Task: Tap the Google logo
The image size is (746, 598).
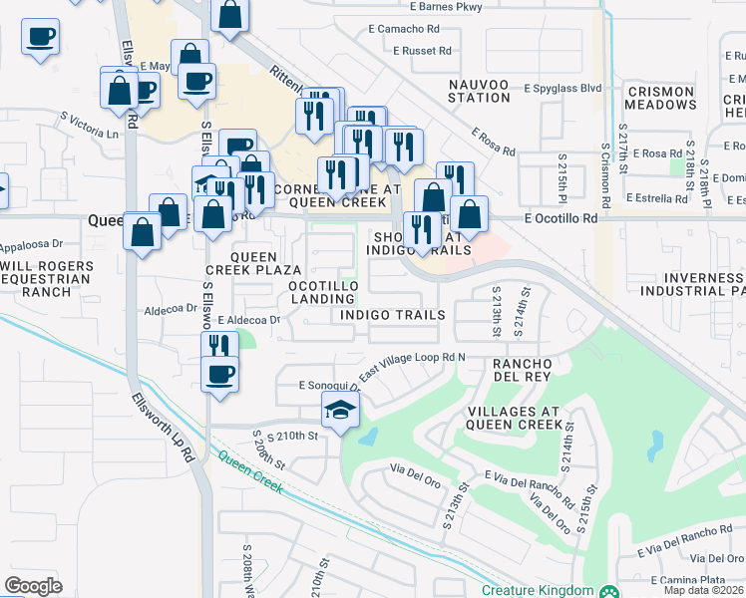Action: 33,586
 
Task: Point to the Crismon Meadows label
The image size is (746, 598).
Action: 659,98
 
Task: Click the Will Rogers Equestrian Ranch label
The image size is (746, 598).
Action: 47,278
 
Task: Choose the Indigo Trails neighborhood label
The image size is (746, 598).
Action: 392,315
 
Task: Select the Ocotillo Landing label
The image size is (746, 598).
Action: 323,293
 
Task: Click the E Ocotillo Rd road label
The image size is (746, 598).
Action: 560,218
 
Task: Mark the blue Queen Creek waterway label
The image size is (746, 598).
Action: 249,475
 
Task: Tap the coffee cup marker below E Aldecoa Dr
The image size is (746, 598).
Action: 219,375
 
